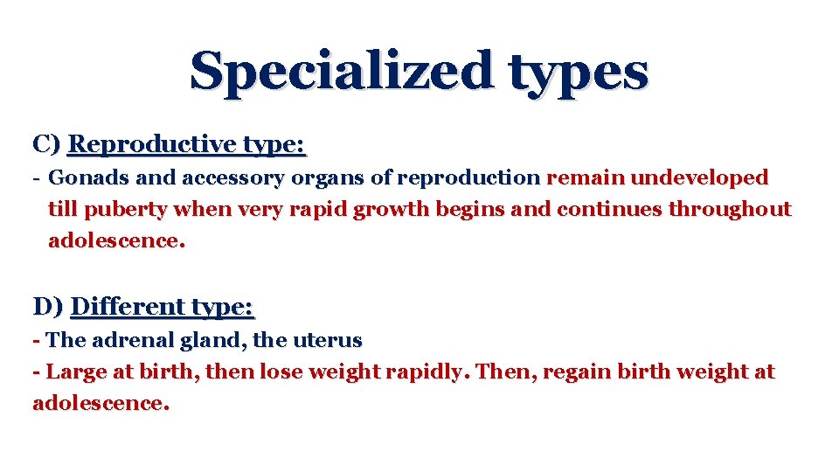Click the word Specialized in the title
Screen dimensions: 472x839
(340, 71)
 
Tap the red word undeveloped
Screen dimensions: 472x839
(699, 178)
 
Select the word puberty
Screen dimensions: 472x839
(130, 210)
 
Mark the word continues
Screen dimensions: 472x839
(610, 210)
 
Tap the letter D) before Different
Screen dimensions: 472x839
(47, 307)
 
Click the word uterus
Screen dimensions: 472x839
(332, 339)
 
